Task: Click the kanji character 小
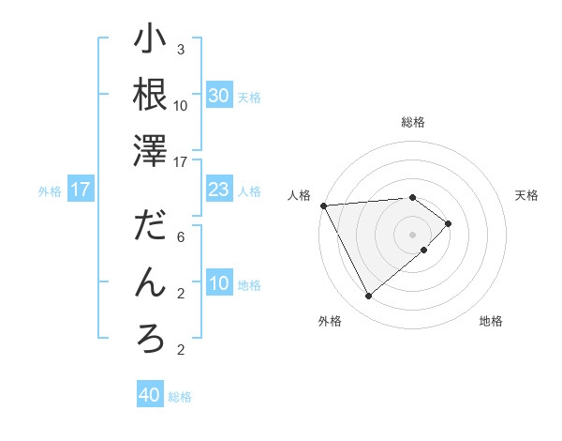(x=151, y=40)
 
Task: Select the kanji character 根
(x=151, y=95)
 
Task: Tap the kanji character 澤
(x=151, y=151)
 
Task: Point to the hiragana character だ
(x=151, y=228)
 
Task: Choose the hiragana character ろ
(x=151, y=339)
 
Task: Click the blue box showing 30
(x=219, y=96)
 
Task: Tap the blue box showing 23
(x=219, y=190)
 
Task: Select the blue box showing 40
(x=150, y=395)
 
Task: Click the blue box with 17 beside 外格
(x=81, y=190)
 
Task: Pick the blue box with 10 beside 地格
(x=219, y=284)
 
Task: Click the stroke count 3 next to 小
(x=181, y=50)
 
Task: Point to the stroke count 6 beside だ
(x=181, y=237)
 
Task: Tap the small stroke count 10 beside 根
(x=181, y=105)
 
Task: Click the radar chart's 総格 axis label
(x=412, y=122)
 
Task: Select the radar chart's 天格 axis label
(x=526, y=195)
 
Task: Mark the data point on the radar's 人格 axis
(x=323, y=205)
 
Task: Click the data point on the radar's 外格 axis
(x=368, y=297)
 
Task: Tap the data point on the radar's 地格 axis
(x=424, y=250)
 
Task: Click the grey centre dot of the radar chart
(x=412, y=234)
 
